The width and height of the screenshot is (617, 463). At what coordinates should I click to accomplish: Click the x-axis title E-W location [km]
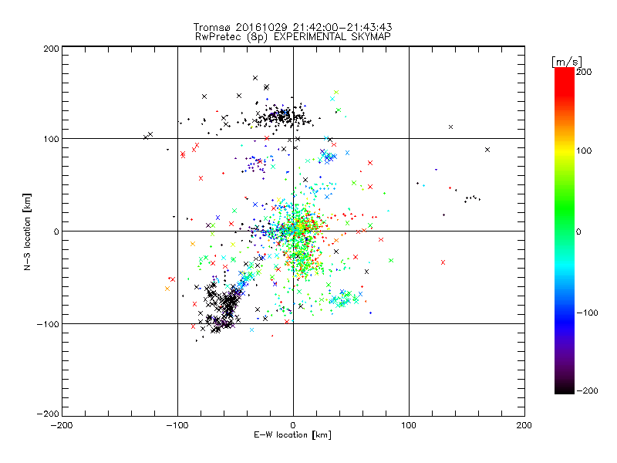292,435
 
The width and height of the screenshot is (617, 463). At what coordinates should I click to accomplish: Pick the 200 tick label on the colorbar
584,71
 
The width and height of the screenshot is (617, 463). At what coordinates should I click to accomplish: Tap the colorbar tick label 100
584,150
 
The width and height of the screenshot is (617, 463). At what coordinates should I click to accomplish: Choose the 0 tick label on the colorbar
581,231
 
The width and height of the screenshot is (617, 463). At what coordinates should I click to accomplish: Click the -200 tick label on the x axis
62,425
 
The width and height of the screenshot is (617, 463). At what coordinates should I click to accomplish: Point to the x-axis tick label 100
409,425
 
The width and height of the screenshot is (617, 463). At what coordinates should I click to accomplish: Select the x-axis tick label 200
524,425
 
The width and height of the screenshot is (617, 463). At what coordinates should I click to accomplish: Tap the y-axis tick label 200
51,48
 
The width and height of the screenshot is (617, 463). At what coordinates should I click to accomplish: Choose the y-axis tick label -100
48,324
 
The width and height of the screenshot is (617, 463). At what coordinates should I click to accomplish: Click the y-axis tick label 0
56,231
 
